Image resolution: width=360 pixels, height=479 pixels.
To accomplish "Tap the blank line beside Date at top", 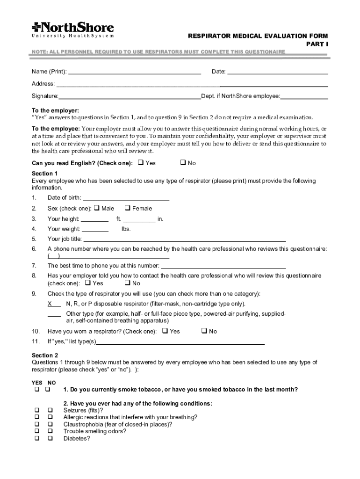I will tap(277, 73).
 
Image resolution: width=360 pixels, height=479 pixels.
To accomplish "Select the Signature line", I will tap(130, 98).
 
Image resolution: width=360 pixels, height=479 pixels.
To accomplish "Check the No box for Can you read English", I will tap(183, 163).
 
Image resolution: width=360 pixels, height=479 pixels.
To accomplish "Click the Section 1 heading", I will tap(45, 173).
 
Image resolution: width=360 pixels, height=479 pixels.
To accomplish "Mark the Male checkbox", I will tap(97, 209).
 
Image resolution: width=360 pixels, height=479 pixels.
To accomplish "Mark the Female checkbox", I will tap(127, 209).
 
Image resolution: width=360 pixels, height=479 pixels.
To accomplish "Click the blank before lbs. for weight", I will tap(95, 230).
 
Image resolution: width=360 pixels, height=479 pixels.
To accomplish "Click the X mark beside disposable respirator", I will tap(50, 304).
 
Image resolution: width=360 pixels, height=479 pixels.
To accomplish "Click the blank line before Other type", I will tap(54, 315).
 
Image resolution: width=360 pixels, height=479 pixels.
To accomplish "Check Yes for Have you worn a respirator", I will tap(165, 331).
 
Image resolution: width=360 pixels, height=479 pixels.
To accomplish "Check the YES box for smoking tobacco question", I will tap(36, 390).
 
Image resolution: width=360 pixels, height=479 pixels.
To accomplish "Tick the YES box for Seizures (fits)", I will tap(36, 411).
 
